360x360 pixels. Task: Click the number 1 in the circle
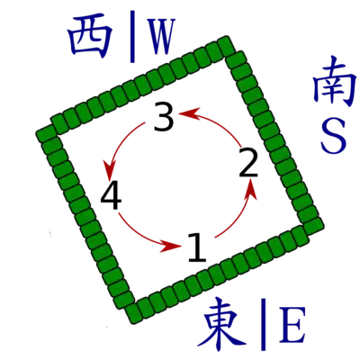point(197,247)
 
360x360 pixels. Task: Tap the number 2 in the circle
point(248,162)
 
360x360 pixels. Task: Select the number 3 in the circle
point(164,116)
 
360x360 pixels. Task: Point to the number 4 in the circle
point(111,195)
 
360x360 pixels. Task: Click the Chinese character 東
point(223,324)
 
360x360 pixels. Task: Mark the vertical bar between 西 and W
point(132,37)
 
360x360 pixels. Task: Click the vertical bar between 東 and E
point(264,324)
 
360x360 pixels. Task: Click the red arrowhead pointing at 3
point(189,112)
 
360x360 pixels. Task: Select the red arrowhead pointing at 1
point(170,246)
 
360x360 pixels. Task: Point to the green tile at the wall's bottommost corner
point(133,313)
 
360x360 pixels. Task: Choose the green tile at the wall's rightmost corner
point(313,226)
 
